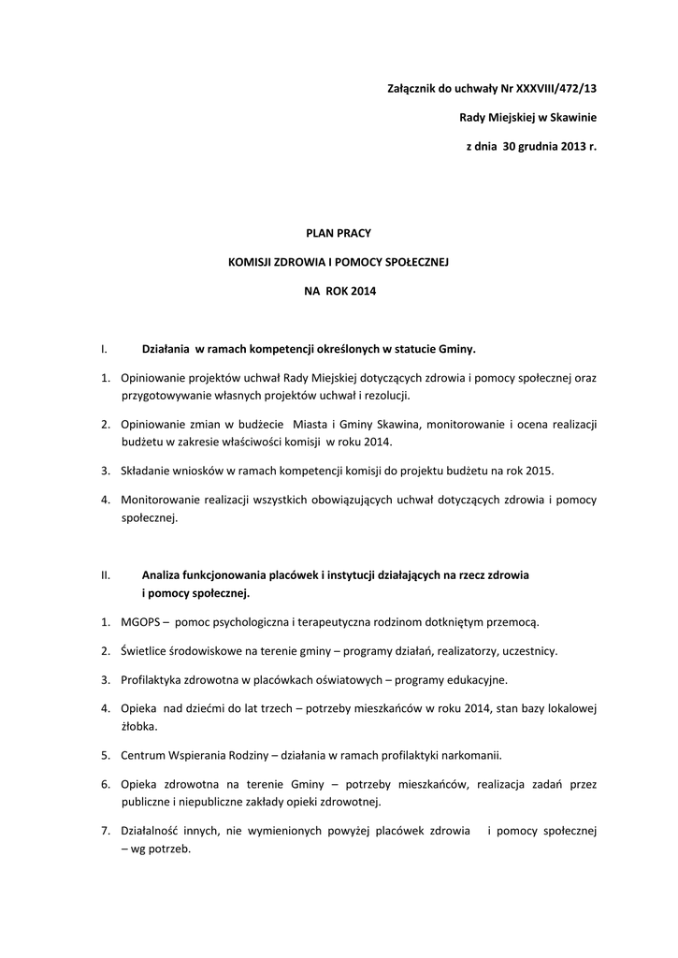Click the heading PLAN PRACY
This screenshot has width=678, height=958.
tap(339, 232)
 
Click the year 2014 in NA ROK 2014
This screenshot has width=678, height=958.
tap(363, 292)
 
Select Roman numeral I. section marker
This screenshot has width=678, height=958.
tap(104, 349)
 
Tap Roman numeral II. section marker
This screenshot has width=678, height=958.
tap(106, 575)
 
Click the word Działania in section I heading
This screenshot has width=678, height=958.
tap(165, 349)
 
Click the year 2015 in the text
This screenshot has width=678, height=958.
tap(550, 471)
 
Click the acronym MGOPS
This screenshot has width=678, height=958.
tap(141, 622)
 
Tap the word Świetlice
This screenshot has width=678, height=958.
tap(148, 650)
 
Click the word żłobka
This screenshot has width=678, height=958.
tap(138, 725)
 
